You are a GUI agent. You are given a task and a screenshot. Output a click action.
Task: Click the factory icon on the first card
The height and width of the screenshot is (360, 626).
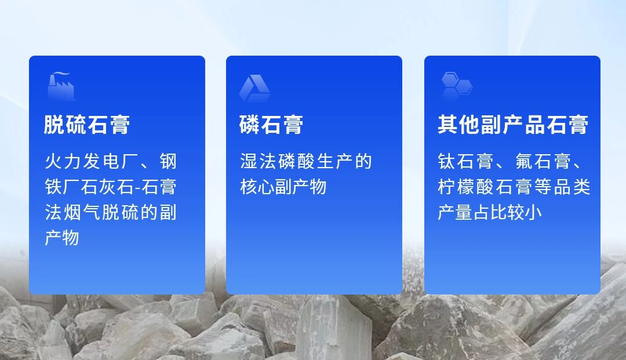(61, 86)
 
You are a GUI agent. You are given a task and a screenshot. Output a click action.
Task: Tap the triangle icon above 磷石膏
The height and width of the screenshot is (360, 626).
(254, 88)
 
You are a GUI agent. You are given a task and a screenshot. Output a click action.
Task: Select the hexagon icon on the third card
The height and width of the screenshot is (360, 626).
(457, 86)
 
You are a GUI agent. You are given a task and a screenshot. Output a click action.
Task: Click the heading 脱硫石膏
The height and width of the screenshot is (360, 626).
(87, 125)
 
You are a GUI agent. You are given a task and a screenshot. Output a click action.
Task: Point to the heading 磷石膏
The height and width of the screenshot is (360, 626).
(271, 125)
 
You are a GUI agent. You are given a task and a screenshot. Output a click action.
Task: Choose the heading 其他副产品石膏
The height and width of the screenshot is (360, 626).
(513, 125)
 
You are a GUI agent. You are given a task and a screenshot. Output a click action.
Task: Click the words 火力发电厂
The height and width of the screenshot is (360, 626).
(82, 161)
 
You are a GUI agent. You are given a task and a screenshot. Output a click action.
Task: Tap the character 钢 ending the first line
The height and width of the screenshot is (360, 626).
(168, 161)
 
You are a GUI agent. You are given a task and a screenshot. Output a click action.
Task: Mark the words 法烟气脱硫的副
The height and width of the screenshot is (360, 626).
(111, 212)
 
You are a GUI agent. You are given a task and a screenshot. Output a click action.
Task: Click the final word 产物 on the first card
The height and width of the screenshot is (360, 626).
(62, 238)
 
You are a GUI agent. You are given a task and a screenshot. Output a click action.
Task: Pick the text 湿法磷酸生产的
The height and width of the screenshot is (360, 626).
(306, 161)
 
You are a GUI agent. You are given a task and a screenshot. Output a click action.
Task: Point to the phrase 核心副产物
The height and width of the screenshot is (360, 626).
(283, 187)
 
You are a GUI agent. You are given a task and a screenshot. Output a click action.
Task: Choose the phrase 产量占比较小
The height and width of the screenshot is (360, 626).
(490, 212)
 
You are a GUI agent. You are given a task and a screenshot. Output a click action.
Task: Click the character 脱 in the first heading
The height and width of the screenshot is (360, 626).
(54, 125)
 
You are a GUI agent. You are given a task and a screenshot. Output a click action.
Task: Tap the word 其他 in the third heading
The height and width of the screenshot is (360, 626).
(458, 125)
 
